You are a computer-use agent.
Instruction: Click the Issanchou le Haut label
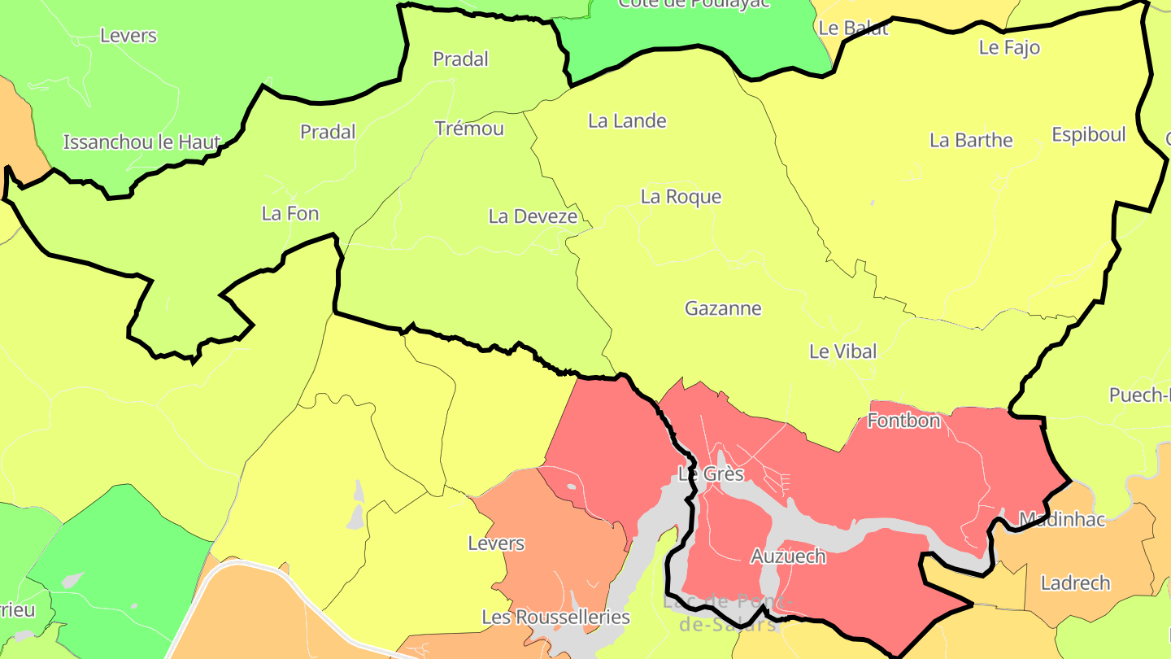click(141, 142)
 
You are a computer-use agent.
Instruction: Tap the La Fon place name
click(290, 214)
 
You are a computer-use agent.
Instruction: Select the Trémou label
click(469, 129)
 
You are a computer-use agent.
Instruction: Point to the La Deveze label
click(533, 216)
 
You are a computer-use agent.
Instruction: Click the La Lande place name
click(627, 121)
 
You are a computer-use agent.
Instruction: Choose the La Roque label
click(681, 197)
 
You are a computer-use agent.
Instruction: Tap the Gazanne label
click(723, 308)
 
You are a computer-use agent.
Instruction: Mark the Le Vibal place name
click(842, 351)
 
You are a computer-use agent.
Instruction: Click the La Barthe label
click(971, 140)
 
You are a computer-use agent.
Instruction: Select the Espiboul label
click(1088, 135)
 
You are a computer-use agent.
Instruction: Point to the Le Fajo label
click(1009, 47)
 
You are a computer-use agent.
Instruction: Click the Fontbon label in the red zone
click(903, 421)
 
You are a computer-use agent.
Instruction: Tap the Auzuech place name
click(787, 556)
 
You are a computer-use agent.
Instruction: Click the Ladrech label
click(1075, 583)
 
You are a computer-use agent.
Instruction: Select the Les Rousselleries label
click(555, 617)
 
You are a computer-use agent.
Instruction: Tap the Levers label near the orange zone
click(496, 543)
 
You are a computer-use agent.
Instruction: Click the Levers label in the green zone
click(128, 36)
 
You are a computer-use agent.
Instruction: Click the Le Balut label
click(853, 28)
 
